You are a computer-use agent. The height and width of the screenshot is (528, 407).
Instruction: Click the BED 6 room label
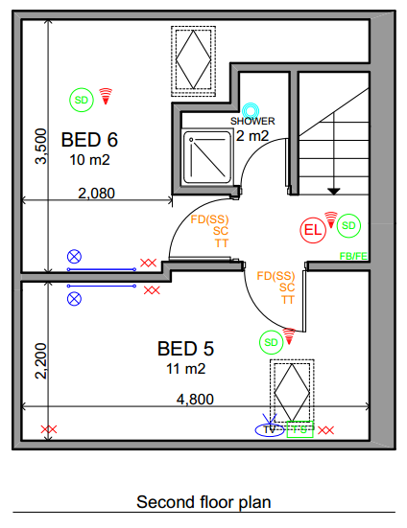click(x=95, y=140)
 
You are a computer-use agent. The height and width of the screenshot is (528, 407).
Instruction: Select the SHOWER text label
click(x=252, y=122)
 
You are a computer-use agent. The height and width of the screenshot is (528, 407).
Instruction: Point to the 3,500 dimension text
click(x=39, y=147)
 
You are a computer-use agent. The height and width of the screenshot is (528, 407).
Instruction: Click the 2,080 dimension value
click(x=96, y=193)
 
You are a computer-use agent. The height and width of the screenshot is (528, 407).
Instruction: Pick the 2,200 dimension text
click(x=39, y=362)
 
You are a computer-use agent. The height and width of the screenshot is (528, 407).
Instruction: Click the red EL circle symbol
click(x=313, y=230)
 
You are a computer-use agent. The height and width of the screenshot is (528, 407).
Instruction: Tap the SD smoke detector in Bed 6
click(x=82, y=98)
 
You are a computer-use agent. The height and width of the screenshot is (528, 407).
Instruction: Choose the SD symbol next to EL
click(x=348, y=225)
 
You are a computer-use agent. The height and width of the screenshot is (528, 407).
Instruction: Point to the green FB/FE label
click(x=353, y=256)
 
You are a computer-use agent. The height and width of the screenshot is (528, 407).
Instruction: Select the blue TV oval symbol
click(x=270, y=430)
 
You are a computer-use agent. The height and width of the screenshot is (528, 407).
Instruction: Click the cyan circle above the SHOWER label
click(x=251, y=110)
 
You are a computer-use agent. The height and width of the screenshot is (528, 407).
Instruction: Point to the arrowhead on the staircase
click(x=334, y=190)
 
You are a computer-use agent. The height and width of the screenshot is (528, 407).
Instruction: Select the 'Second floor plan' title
click(x=203, y=501)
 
